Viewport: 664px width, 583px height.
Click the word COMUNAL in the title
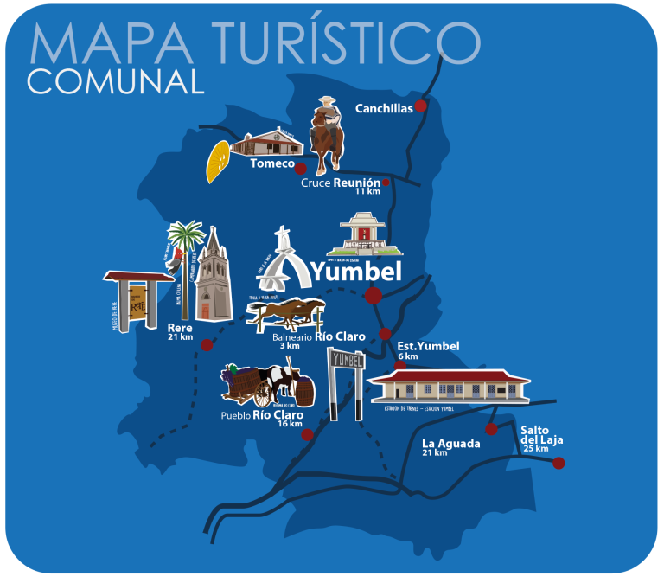115,81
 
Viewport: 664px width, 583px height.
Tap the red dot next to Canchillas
420,106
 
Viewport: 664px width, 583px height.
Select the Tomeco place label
272,163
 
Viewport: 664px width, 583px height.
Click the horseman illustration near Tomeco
326,136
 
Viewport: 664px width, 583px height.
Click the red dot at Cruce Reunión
386,183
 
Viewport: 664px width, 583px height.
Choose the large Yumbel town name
356,272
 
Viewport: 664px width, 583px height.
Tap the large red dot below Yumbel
373,296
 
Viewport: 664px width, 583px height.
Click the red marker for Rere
207,345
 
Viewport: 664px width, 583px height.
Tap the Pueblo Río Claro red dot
307,434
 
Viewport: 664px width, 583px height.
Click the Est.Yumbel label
428,347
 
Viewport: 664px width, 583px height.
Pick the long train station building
449,387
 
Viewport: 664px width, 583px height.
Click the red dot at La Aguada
491,429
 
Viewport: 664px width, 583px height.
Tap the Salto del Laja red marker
559,463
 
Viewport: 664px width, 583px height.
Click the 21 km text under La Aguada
435,452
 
